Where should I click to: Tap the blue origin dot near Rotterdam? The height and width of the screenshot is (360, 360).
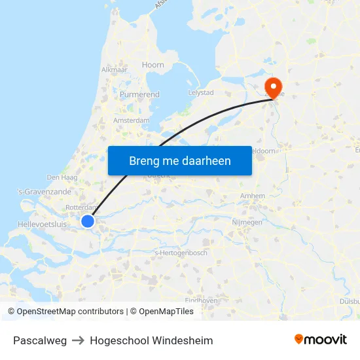pos(88,221)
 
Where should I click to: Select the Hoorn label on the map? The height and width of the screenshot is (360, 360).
pos(153,65)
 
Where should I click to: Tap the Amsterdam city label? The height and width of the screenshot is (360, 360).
pos(131,120)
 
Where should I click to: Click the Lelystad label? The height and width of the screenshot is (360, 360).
pos(200,93)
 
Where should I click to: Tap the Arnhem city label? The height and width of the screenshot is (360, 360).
pos(253,196)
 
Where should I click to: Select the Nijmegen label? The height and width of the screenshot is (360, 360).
pos(247,223)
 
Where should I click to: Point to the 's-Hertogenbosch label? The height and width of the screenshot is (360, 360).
pos(180,253)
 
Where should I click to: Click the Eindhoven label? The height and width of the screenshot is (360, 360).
pos(201,300)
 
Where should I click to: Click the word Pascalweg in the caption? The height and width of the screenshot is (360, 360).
pos(40,340)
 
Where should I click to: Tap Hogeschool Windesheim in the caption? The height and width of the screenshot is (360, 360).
pos(151,340)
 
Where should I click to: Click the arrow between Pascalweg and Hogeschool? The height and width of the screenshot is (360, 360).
pos(79,340)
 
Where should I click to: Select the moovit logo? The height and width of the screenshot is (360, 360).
pos(320,339)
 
